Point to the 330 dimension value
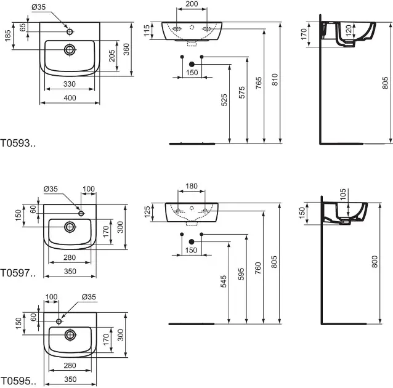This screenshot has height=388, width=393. [x=70, y=84]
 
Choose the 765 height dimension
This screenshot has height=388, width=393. [x=258, y=81]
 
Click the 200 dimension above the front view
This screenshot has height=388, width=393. [x=192, y=4]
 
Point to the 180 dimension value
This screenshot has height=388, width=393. [x=191, y=185]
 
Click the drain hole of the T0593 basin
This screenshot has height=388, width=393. [x=70, y=49]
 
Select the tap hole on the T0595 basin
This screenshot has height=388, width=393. [x=59, y=321]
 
